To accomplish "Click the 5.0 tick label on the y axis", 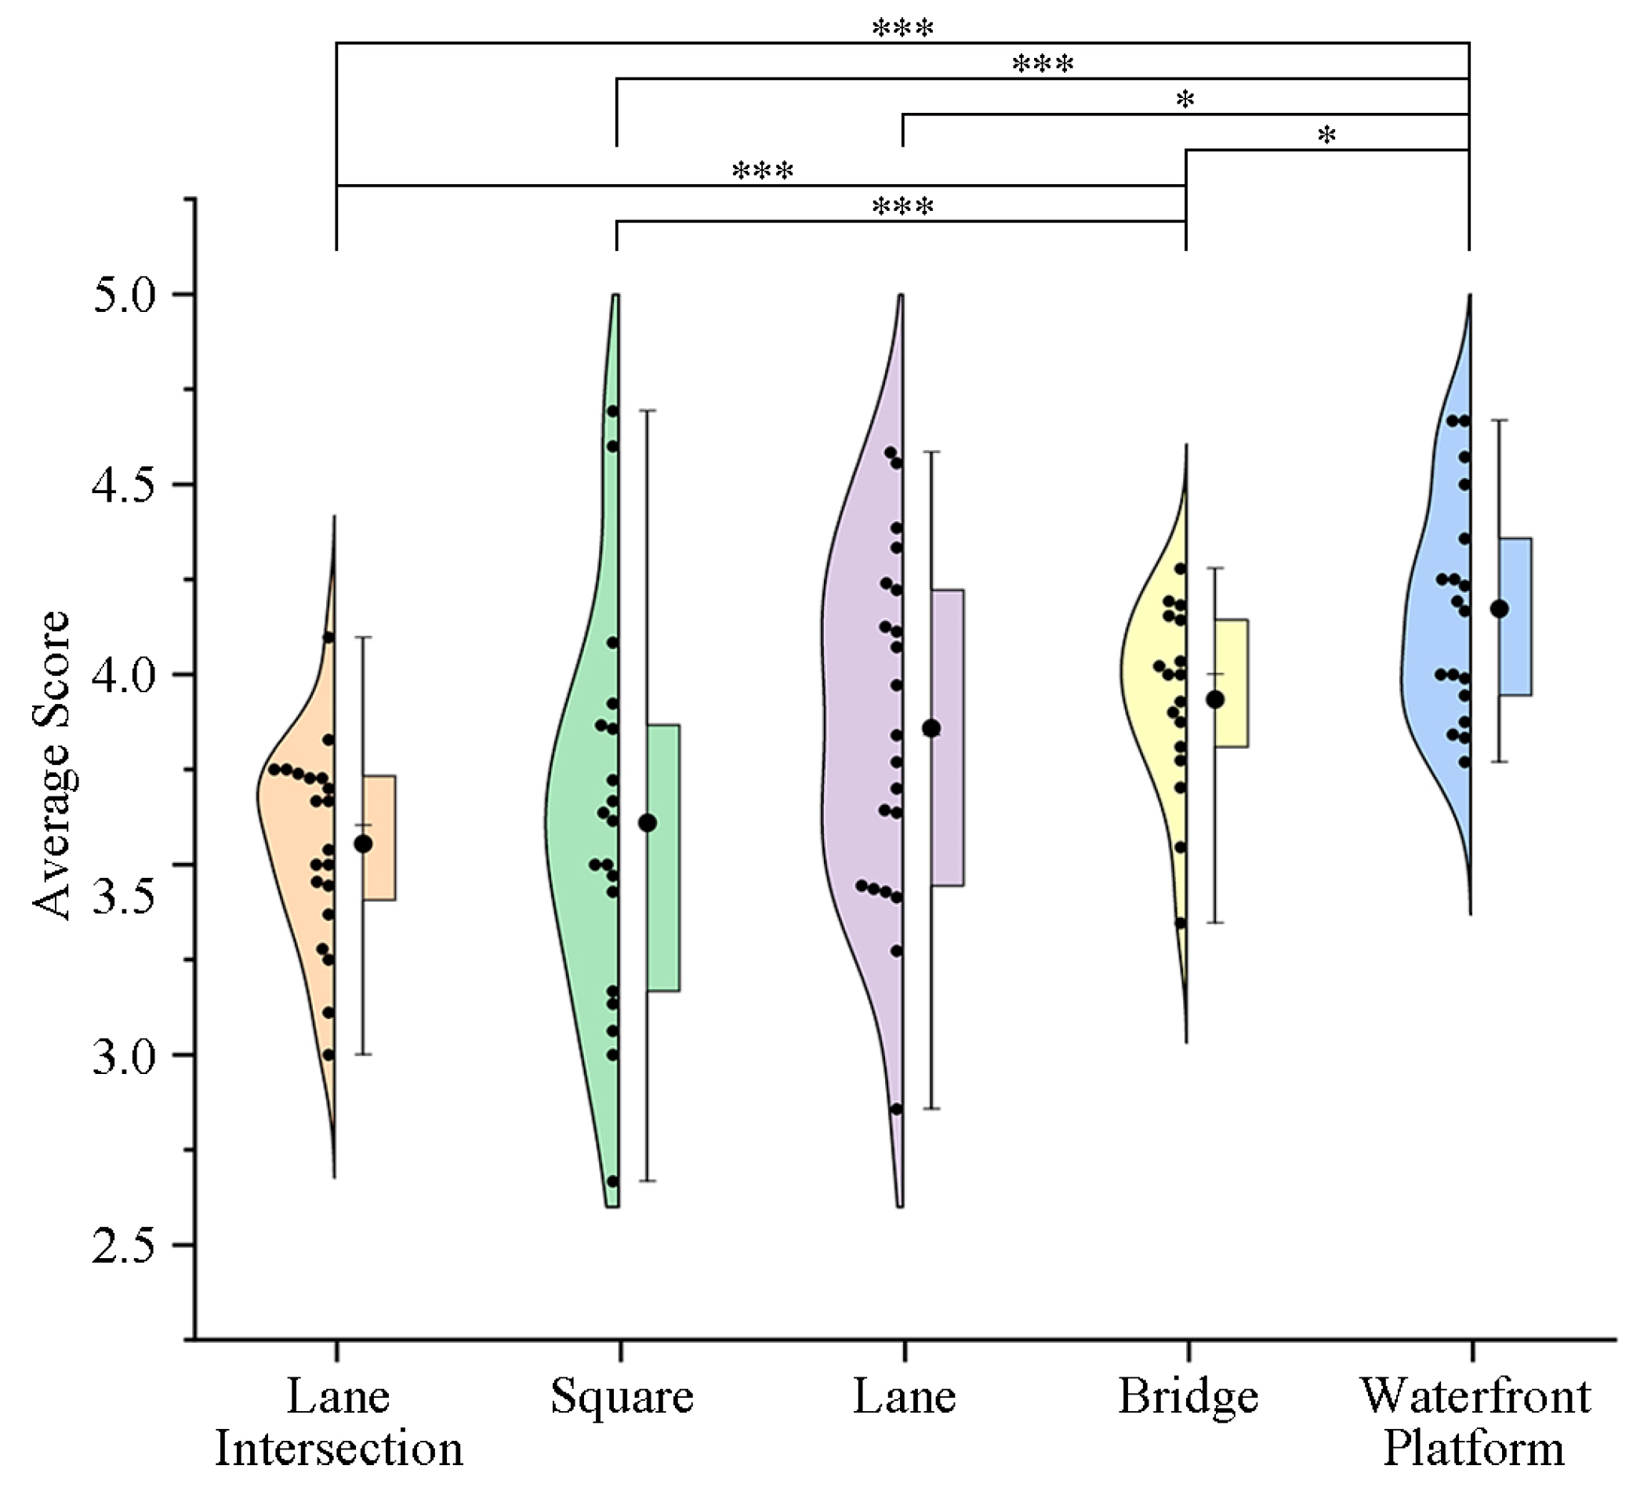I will click(124, 295).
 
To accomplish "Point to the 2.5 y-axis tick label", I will click(124, 1246).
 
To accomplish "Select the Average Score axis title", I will click(51, 766).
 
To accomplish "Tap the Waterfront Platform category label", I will click(1474, 1423).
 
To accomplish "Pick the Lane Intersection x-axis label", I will click(338, 1423).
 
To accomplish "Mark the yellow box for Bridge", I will click(1232, 683).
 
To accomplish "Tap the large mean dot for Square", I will click(647, 823).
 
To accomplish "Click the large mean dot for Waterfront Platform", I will click(1500, 609).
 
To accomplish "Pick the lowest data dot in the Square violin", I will click(611, 1181).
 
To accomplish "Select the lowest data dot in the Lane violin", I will click(897, 1108).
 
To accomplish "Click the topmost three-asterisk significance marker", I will click(902, 29).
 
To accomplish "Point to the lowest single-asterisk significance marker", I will click(1326, 135).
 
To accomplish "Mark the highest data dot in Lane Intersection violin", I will click(328, 637).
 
